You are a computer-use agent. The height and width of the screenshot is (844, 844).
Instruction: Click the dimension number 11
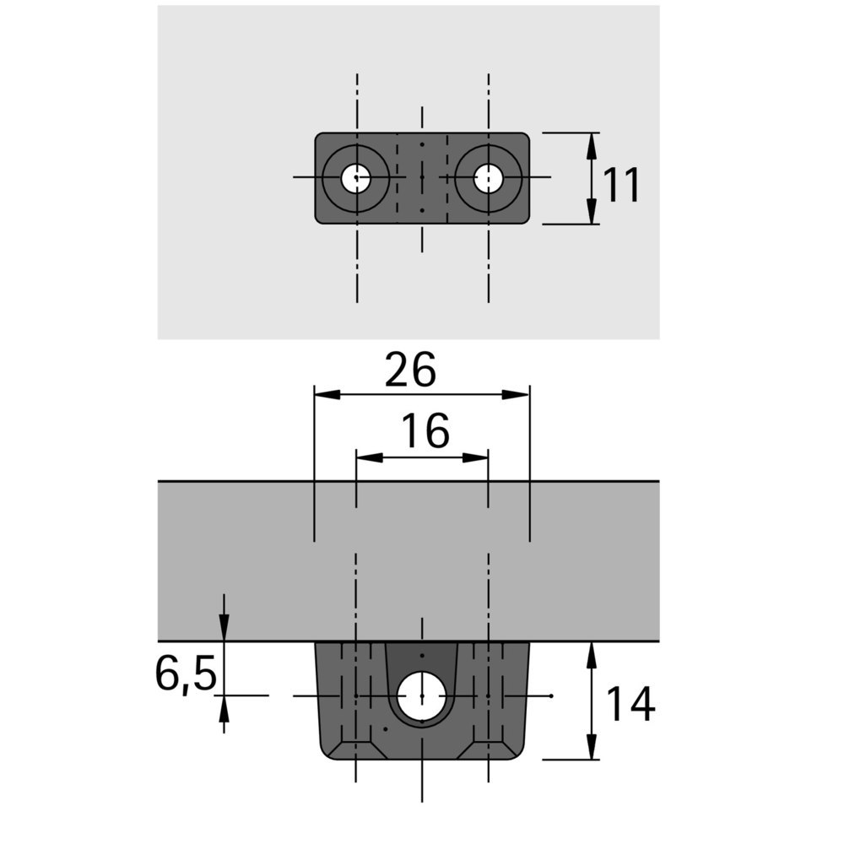click(x=623, y=185)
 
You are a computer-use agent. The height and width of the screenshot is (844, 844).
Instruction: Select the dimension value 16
click(x=425, y=433)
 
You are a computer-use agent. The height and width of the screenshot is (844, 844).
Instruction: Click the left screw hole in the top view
click(x=356, y=178)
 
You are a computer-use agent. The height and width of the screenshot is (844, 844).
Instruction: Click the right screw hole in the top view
click(x=487, y=178)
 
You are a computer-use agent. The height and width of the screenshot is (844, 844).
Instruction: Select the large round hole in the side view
click(x=421, y=696)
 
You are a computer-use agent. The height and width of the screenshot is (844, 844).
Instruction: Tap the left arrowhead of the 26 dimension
click(x=326, y=394)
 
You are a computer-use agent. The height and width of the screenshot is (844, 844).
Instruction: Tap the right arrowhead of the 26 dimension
click(x=517, y=394)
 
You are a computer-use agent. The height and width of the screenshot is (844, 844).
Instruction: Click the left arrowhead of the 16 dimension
click(x=368, y=457)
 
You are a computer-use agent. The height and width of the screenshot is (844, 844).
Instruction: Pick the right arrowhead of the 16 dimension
click(x=477, y=457)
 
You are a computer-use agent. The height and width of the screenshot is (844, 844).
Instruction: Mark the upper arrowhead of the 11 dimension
click(x=592, y=144)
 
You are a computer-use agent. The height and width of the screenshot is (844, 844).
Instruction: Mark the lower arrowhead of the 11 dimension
click(x=592, y=213)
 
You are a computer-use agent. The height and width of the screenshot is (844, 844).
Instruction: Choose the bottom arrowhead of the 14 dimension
click(x=592, y=748)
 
